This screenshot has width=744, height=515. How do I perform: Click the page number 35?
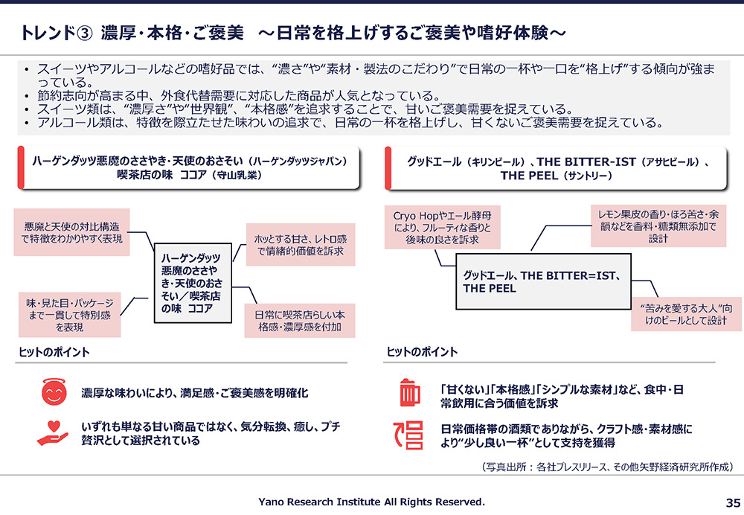coord(733,502)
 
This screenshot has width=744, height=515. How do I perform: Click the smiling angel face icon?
coord(54,392)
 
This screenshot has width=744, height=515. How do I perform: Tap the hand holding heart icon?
coord(53,433)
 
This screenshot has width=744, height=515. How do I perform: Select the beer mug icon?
coord(409,392)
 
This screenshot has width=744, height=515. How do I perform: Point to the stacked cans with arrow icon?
coord(408,435)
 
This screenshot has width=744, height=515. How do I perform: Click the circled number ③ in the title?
coord(84,33)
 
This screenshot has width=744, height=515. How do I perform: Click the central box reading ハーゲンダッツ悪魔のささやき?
coord(193,283)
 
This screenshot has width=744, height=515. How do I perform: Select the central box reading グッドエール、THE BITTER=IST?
coord(543,281)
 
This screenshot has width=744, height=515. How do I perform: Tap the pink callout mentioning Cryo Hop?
coord(442,228)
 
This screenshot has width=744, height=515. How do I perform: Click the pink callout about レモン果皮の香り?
coord(658,226)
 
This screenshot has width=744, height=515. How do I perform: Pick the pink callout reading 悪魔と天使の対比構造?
coord(71,232)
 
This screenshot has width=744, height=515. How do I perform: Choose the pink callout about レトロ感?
coord(301,244)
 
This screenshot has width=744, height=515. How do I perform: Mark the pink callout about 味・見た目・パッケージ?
coord(69,315)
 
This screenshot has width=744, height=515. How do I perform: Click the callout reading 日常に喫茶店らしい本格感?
coord(300,321)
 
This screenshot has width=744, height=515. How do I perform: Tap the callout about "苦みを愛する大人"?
coord(686,314)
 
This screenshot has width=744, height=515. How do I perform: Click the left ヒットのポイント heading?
coord(54,352)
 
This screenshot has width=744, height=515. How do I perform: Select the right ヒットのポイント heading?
coord(422,352)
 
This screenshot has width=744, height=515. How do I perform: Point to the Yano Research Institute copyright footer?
coord(371,502)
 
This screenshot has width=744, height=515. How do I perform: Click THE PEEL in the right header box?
coord(529,176)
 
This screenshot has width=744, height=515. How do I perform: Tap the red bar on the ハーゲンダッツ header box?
coord(20,167)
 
